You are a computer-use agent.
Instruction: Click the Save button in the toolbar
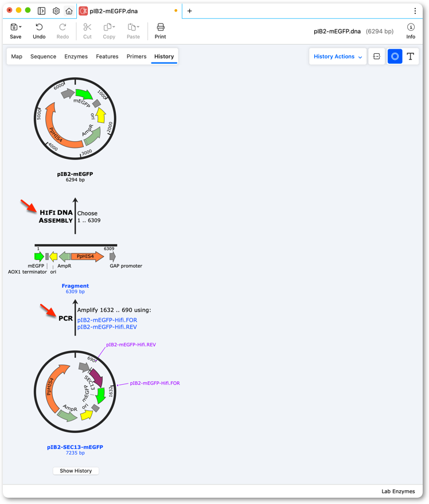click(15, 31)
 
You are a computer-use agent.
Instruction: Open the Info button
click(411, 31)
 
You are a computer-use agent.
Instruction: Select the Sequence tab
click(43, 57)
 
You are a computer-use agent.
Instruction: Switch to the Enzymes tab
click(76, 57)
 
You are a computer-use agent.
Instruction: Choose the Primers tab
click(136, 57)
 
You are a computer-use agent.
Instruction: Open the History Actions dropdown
click(338, 57)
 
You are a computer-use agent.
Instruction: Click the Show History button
click(76, 471)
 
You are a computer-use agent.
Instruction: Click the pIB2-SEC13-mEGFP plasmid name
click(75, 447)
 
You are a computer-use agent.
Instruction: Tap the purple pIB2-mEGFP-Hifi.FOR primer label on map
click(155, 383)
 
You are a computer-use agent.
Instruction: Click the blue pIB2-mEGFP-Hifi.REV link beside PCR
click(107, 327)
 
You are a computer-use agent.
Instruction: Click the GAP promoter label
click(126, 266)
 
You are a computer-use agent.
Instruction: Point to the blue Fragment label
click(75, 286)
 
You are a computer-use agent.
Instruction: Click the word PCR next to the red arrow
click(65, 318)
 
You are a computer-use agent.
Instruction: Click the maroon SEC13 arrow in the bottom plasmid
click(97, 377)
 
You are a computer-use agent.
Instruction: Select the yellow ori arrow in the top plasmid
click(101, 115)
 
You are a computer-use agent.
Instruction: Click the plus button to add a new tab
click(190, 11)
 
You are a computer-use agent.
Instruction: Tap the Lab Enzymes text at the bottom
click(398, 491)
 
